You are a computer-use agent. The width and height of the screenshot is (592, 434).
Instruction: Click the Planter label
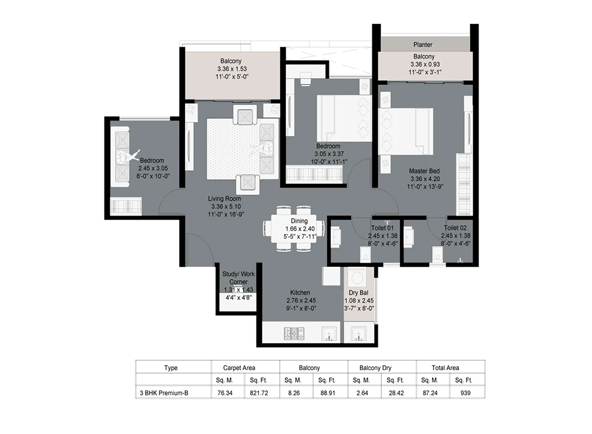click(x=423, y=45)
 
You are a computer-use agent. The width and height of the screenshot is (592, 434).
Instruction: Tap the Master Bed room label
click(x=424, y=171)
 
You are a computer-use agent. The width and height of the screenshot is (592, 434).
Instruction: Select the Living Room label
click(x=224, y=198)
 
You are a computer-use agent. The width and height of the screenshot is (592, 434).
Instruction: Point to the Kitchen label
click(x=300, y=293)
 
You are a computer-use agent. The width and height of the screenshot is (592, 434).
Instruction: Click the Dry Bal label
click(x=358, y=293)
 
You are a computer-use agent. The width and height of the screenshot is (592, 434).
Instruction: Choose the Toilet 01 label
click(x=383, y=228)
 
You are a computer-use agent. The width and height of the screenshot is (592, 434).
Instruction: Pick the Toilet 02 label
click(x=455, y=228)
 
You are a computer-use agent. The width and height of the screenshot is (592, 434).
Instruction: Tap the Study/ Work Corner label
click(x=238, y=278)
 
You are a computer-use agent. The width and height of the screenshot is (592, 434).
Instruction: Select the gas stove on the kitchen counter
click(x=294, y=333)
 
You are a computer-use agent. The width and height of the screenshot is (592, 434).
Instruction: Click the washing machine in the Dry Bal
click(x=357, y=279)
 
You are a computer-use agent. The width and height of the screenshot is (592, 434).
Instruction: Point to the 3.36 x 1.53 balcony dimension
click(x=232, y=69)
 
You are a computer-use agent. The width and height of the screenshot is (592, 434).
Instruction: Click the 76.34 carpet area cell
click(x=225, y=393)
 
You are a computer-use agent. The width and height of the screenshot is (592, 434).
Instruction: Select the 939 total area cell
click(x=465, y=393)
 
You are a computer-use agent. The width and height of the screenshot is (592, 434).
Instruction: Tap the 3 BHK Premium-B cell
click(x=164, y=393)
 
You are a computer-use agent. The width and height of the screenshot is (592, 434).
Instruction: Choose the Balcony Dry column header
click(x=375, y=368)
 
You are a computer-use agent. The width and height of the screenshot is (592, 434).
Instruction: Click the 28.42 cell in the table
click(x=396, y=393)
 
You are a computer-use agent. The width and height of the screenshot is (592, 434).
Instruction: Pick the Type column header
click(x=171, y=368)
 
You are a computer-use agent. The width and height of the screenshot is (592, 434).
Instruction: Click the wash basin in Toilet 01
click(x=335, y=236)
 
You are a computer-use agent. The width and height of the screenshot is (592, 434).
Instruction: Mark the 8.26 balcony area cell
click(x=294, y=393)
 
